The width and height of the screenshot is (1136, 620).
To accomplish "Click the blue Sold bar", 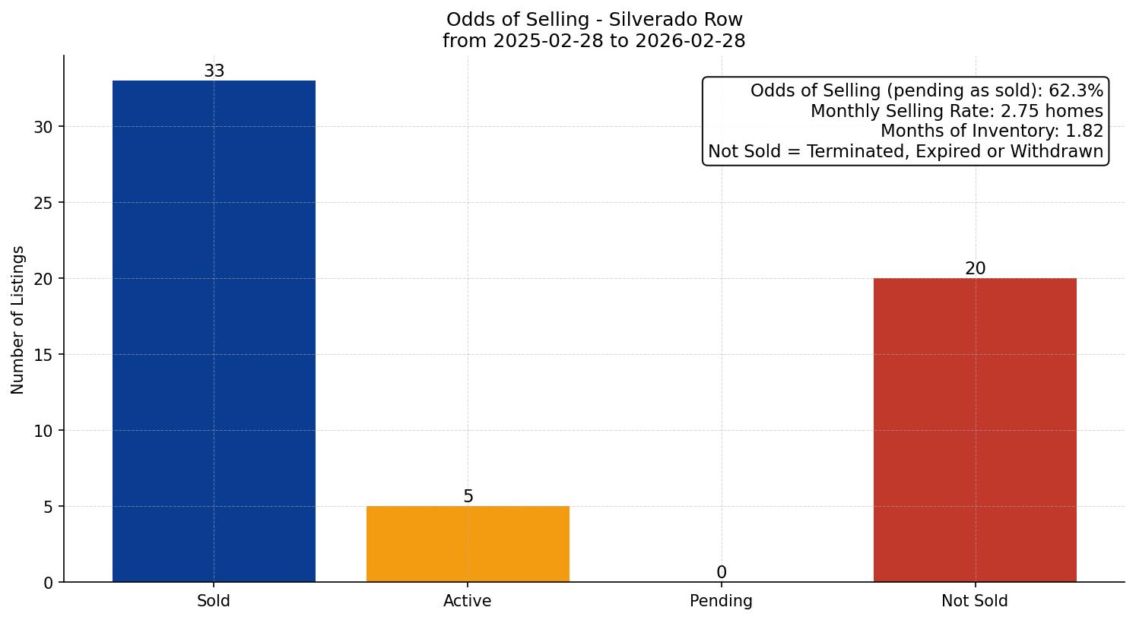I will point(214,331).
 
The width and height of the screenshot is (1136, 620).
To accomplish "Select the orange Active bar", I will point(468,544).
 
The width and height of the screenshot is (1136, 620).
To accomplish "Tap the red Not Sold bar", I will point(975,430).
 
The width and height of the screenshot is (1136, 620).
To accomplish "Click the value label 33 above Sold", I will point(214,71).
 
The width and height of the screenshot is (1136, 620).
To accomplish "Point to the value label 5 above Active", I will point(468,497).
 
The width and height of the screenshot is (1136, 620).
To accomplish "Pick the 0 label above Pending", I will point(721,573).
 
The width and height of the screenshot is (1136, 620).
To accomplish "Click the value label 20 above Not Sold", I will point(975,269).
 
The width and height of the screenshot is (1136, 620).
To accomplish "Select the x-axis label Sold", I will point(214,601).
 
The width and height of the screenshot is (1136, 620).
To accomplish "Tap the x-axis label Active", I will point(468,601).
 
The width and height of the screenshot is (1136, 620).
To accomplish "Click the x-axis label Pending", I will point(721,601).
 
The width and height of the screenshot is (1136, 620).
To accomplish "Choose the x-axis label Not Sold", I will point(975,601).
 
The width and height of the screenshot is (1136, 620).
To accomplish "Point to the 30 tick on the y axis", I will point(43,127).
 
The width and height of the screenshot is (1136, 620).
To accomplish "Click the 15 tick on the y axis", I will point(43,355).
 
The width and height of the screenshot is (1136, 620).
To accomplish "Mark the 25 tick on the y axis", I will point(43,203).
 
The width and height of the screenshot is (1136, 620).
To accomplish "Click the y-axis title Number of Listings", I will point(18,319).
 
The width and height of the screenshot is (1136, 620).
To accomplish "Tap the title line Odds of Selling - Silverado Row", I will point(594,20).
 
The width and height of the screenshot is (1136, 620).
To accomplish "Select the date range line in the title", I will point(594,41).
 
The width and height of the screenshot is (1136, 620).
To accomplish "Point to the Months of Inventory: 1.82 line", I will point(992,131).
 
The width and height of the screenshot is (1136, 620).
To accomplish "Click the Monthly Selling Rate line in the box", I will point(957,111).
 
